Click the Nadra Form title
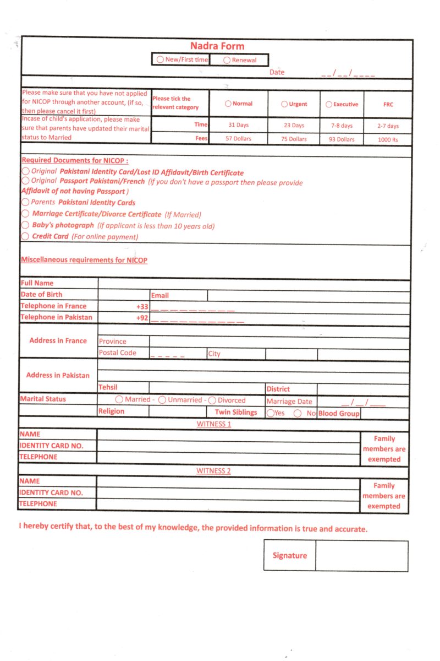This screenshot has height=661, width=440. [x=217, y=46]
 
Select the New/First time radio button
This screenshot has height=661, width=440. [x=160, y=59]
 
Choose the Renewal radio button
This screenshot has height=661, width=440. [x=227, y=60]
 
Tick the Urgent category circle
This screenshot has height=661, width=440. [x=284, y=104]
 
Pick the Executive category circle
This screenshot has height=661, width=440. [x=329, y=104]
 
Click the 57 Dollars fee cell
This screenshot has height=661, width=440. [x=239, y=139]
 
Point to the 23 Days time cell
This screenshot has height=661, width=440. [x=294, y=126]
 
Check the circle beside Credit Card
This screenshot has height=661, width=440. [x=25, y=236]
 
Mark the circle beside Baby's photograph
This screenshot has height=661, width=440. [x=25, y=225]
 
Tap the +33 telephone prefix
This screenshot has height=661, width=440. [x=142, y=306]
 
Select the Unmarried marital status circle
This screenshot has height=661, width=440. [x=163, y=400]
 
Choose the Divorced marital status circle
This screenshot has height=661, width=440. [x=212, y=400]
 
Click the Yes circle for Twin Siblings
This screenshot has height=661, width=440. [x=270, y=413]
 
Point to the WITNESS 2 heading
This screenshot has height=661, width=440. [x=213, y=471]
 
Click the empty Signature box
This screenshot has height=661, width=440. [x=361, y=556]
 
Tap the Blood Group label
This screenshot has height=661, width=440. [x=339, y=414]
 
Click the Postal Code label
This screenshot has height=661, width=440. [x=118, y=353]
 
